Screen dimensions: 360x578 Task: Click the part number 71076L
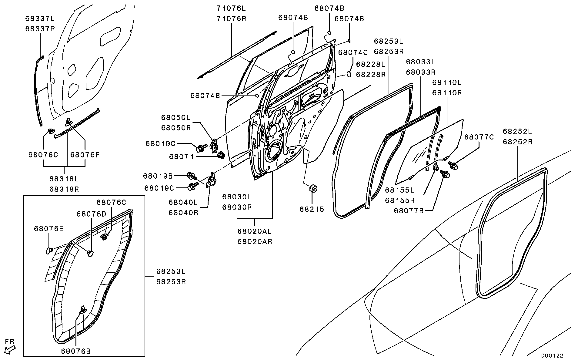pyautogui.click(x=231, y=8)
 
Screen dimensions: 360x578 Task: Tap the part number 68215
pyautogui.click(x=312, y=209)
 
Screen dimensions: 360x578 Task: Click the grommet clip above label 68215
pyautogui.click(x=313, y=188)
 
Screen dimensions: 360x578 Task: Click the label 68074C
pyautogui.click(x=353, y=52)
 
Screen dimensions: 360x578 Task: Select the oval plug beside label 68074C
pyautogui.click(x=349, y=74)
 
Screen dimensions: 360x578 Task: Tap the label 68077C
pyautogui.click(x=479, y=137)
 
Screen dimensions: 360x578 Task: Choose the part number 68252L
pyautogui.click(x=517, y=131)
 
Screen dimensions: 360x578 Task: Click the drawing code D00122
pyautogui.click(x=552, y=355)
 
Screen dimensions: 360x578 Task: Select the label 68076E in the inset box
pyautogui.click(x=49, y=228)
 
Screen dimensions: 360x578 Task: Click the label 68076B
pyautogui.click(x=76, y=351)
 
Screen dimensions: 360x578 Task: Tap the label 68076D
pyautogui.click(x=91, y=214)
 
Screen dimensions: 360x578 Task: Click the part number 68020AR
pyautogui.click(x=254, y=242)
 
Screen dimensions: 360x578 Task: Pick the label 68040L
pyautogui.click(x=183, y=202)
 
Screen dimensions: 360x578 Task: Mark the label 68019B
pyautogui.click(x=158, y=176)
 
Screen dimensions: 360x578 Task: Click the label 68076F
pyautogui.click(x=85, y=155)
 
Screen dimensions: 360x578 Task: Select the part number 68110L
pyautogui.click(x=447, y=82)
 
